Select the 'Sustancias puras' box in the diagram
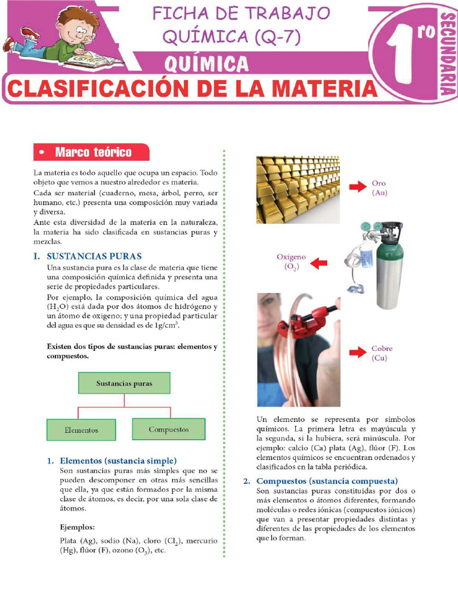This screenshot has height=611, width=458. (124, 383)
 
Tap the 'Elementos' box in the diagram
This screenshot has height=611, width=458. (81, 429)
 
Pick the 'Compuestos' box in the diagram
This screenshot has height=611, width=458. (168, 429)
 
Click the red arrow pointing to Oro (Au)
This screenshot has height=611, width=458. (357, 187)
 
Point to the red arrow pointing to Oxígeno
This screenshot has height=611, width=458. (319, 262)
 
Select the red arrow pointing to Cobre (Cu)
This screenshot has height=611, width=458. (357, 353)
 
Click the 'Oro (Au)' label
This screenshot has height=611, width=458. (380, 188)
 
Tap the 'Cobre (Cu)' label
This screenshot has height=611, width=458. (382, 353)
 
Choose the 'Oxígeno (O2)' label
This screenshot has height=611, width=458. (291, 262)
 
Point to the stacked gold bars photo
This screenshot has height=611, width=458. (298, 190)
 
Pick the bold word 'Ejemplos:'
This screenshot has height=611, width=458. (78, 527)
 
